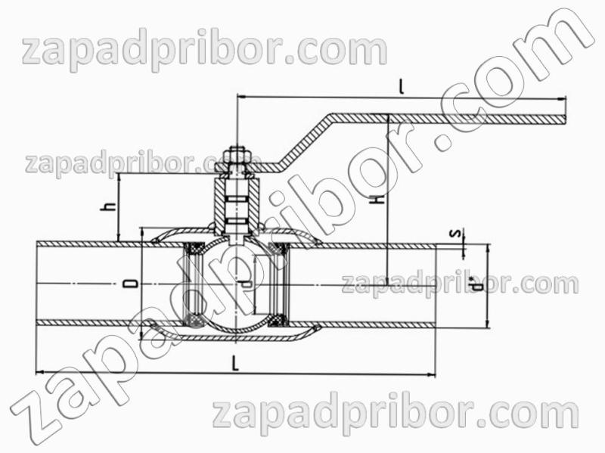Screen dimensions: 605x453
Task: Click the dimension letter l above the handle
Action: coord(402,87)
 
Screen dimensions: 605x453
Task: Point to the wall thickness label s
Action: coord(457,234)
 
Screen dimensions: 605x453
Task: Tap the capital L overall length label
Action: coord(235,364)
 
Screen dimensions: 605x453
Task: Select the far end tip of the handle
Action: coord(566,119)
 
